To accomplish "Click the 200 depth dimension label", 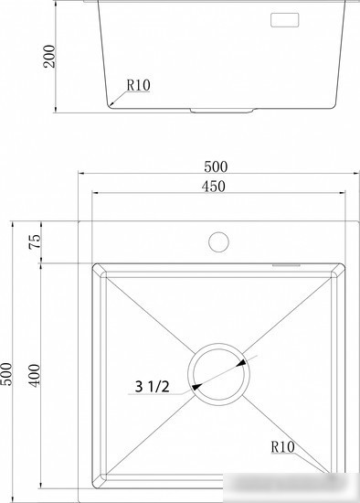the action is click(x=49, y=57).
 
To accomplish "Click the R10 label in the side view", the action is click(x=138, y=85).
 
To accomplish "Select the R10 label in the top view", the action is click(x=282, y=447).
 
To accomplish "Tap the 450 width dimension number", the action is click(x=214, y=187).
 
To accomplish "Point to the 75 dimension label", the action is click(x=35, y=241).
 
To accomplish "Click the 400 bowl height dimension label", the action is click(x=35, y=375).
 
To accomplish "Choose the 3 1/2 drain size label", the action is click(x=152, y=386).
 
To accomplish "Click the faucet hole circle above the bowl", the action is click(x=218, y=241).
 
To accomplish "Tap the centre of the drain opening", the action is click(x=218, y=374).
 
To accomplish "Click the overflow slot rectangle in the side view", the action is click(x=285, y=20).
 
